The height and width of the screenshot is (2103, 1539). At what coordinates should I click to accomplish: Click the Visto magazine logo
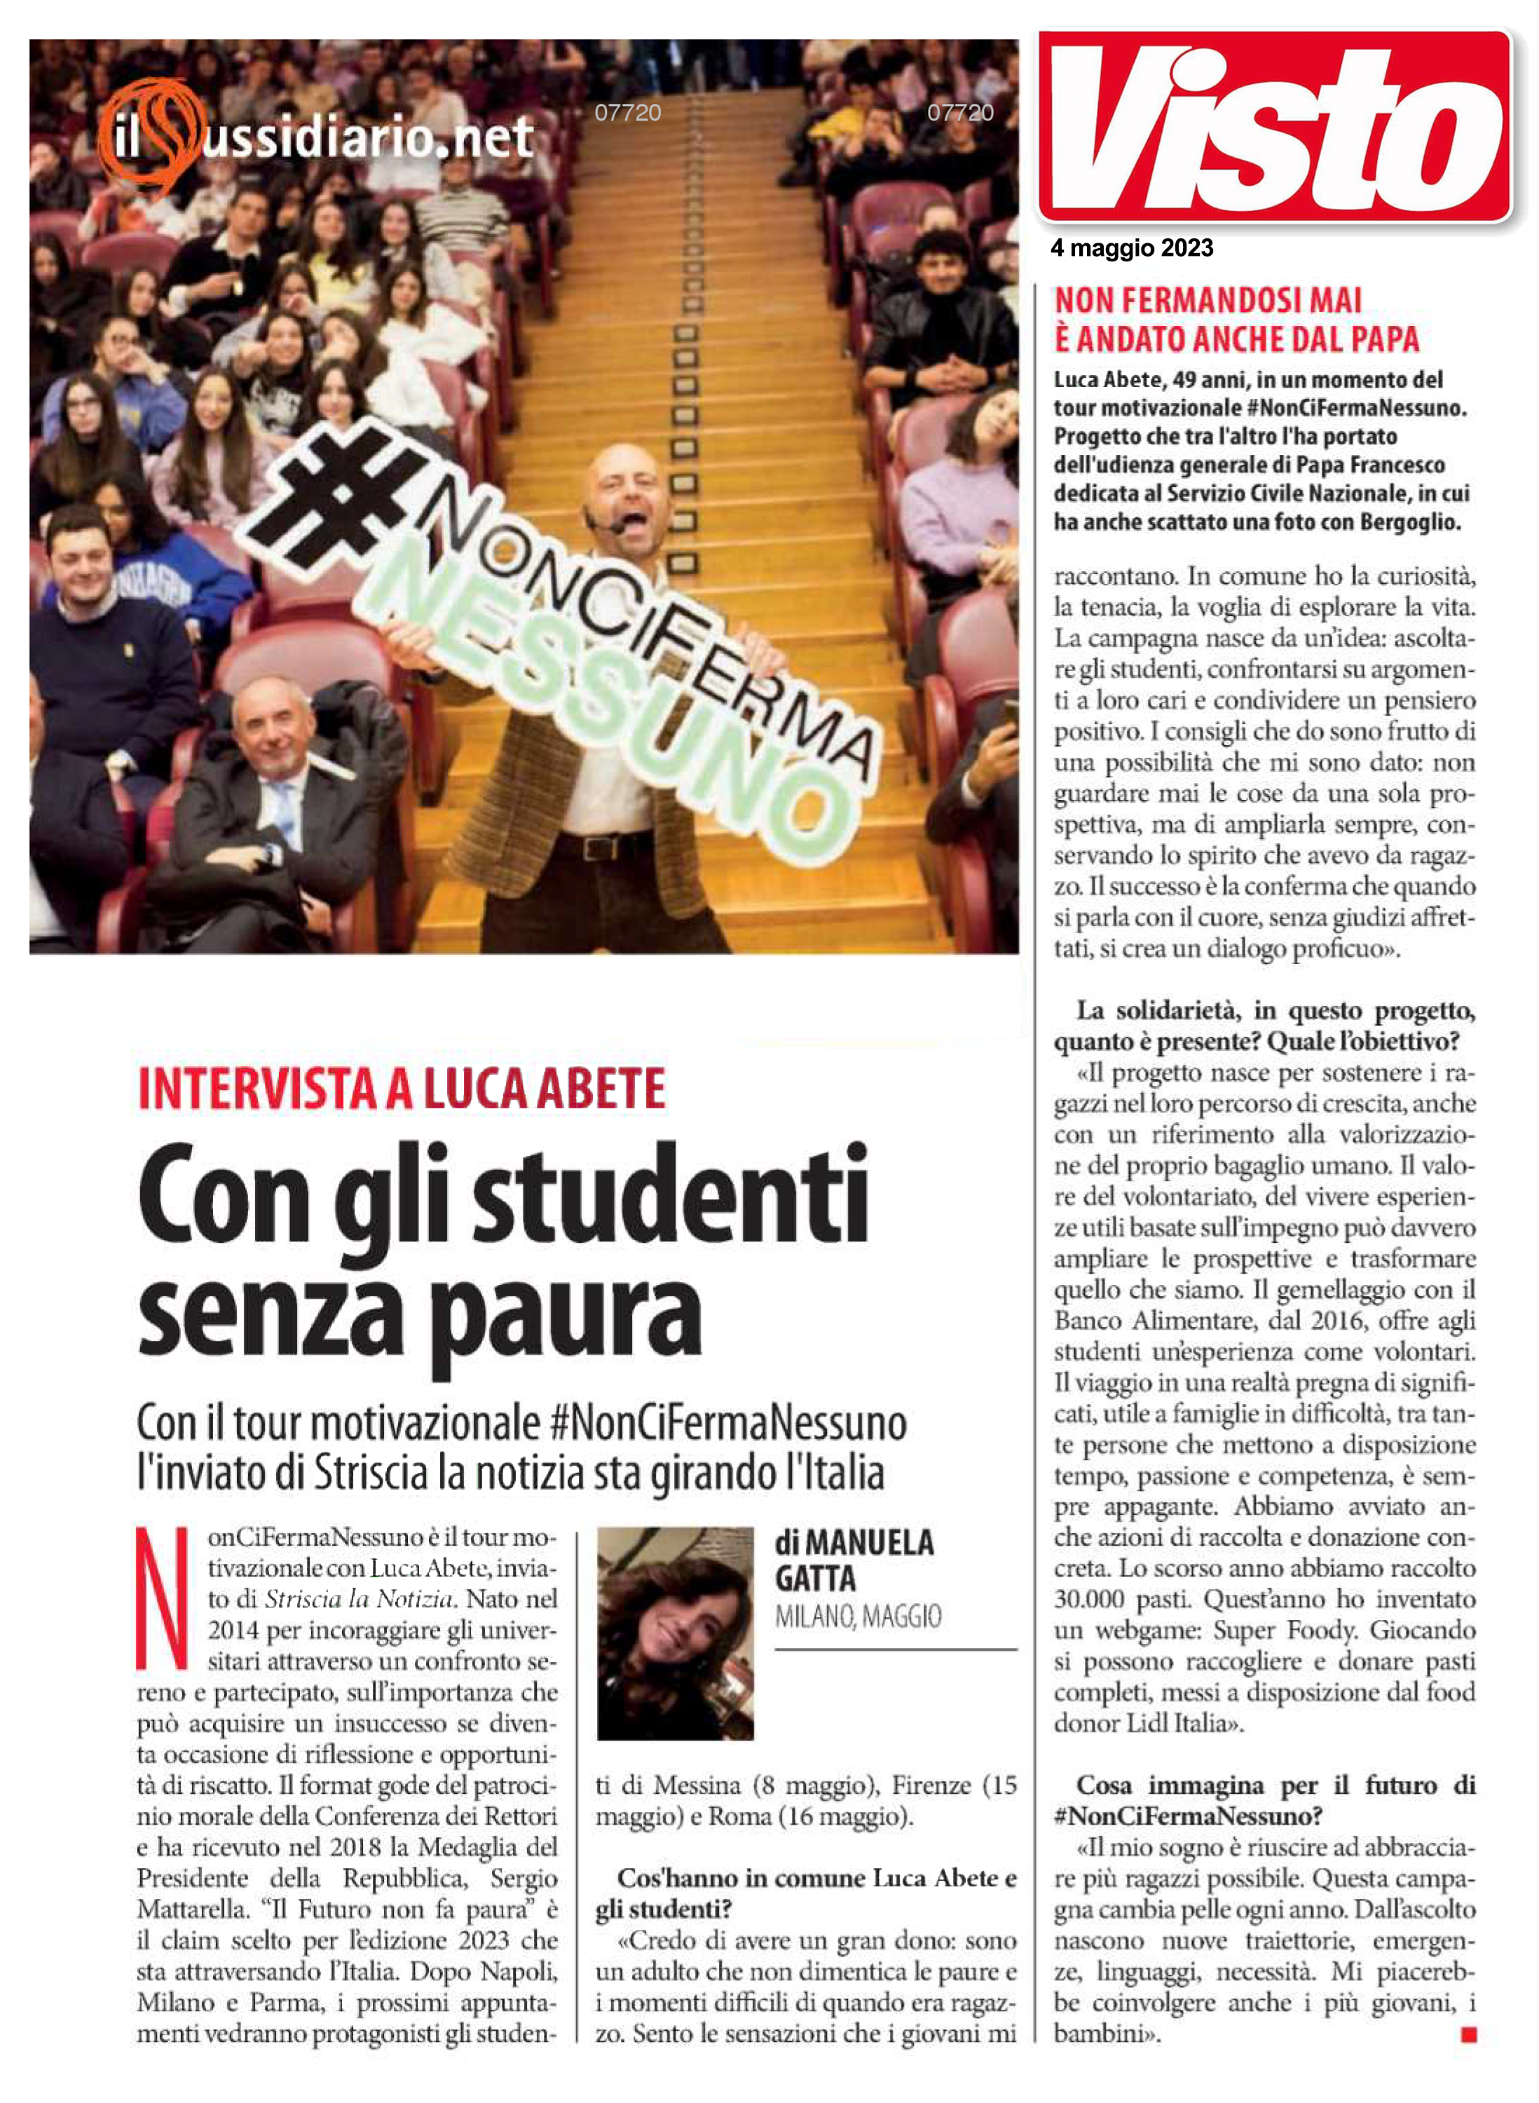pyautogui.click(x=1274, y=125)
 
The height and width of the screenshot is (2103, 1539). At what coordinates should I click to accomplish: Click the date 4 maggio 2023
pyautogui.click(x=1132, y=248)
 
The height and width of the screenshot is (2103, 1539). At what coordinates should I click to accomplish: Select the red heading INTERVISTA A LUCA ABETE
pyautogui.click(x=402, y=1089)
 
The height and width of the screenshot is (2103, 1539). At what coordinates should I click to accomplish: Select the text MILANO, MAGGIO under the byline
pyautogui.click(x=858, y=1617)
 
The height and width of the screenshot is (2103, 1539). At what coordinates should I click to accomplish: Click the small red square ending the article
pyautogui.click(x=1469, y=2035)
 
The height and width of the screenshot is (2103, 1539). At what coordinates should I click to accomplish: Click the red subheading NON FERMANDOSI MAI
pyautogui.click(x=1208, y=300)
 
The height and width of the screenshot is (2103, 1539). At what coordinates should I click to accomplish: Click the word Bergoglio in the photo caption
pyautogui.click(x=1409, y=522)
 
